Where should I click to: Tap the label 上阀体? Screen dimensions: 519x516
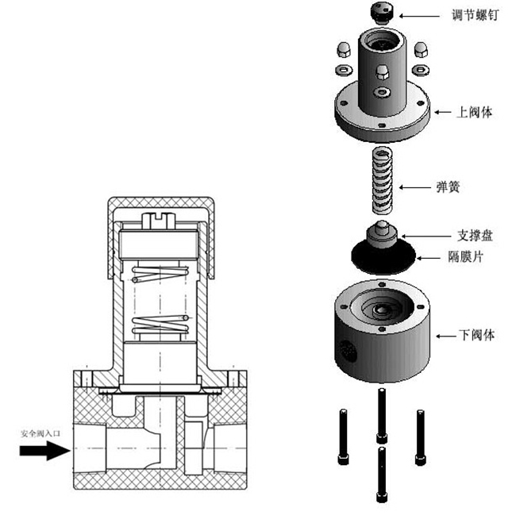coord(475,112)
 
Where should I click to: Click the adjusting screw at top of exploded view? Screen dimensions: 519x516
coord(384,13)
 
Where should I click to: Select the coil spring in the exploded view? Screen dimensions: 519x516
coord(383,181)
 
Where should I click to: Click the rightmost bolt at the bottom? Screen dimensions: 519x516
coord(419,436)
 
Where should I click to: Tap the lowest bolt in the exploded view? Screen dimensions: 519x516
coord(382,473)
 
